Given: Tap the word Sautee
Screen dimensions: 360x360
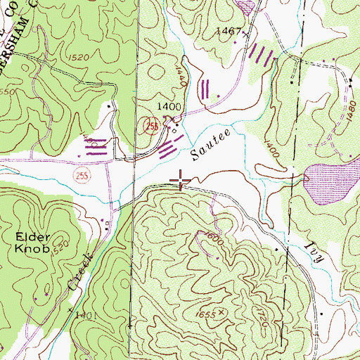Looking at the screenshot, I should (210, 140).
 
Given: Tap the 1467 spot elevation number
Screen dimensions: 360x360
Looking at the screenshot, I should (229, 32).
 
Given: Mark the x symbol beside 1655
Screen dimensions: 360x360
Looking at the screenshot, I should (222, 310).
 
